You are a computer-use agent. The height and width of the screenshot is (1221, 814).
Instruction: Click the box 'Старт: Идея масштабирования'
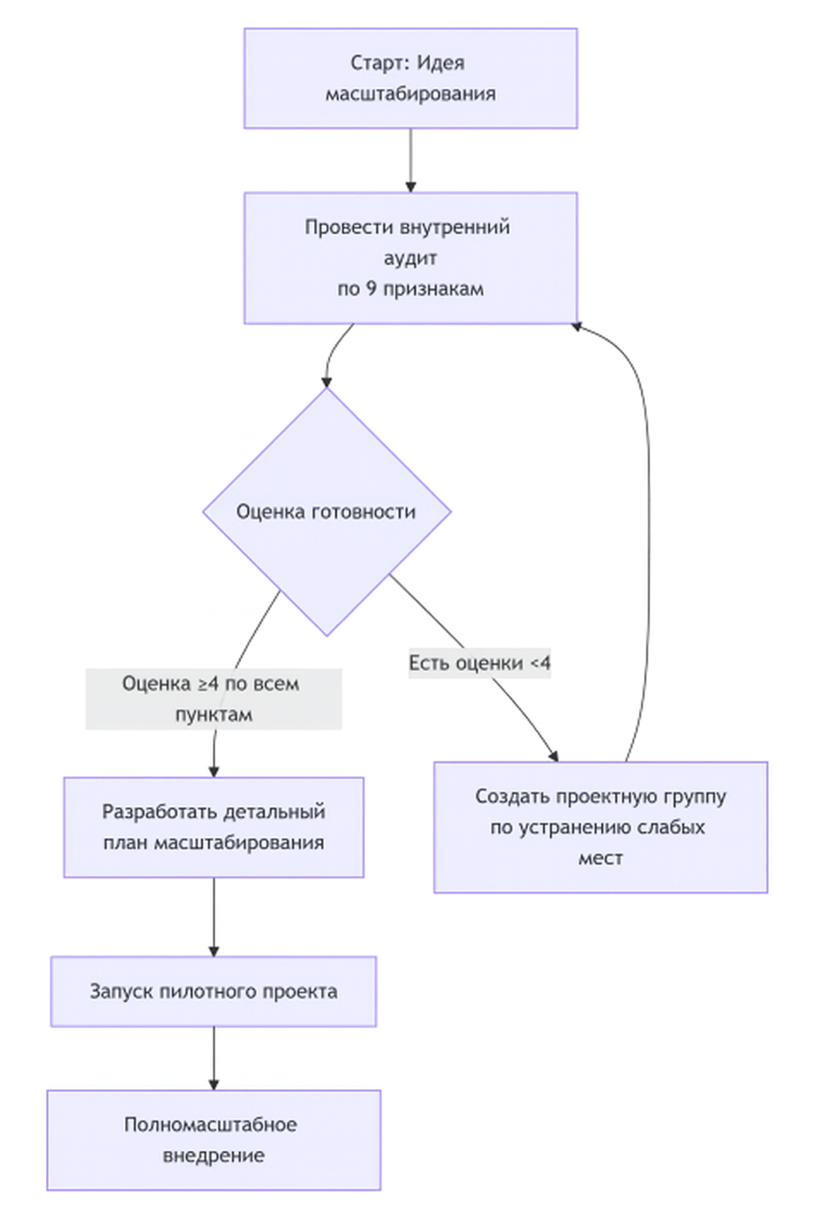[410, 79]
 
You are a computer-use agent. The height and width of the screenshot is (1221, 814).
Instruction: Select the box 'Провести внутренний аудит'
[410, 258]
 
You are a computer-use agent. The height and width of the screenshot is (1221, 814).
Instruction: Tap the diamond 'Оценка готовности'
[327, 512]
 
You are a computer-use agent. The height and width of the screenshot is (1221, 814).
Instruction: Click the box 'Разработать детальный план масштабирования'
[214, 828]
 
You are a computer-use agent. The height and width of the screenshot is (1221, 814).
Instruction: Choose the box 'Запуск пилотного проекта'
[214, 991]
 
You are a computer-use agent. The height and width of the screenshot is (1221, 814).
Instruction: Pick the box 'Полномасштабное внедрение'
[214, 1140]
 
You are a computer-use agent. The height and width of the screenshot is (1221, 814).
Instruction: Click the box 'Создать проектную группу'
[600, 828]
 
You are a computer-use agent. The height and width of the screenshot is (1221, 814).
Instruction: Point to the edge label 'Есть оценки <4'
[479, 663]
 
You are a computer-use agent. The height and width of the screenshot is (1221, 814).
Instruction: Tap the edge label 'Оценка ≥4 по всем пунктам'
[214, 699]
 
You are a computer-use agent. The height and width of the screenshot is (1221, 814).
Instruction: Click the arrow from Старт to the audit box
[410, 159]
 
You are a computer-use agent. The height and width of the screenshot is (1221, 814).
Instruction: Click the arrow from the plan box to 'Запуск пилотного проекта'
[214, 916]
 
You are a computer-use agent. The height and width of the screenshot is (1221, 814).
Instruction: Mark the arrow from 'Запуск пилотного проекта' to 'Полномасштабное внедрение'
[214, 1057]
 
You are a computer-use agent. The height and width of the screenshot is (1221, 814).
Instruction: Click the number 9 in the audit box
[371, 289]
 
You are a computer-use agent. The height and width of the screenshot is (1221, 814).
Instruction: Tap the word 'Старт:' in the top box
[380, 63]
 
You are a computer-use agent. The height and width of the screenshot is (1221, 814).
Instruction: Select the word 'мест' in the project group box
[600, 859]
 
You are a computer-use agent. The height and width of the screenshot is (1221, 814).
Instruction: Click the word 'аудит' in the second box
[410, 258]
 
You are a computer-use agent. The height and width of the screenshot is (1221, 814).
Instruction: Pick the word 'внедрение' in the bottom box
[214, 1156]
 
